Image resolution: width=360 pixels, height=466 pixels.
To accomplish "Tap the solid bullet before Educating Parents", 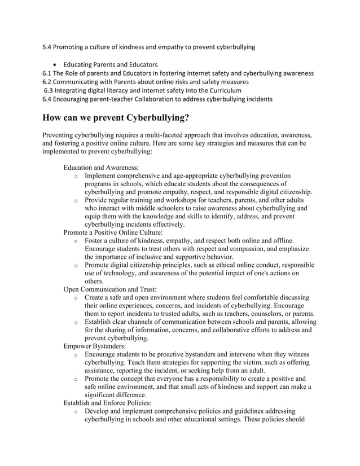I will point(56,64).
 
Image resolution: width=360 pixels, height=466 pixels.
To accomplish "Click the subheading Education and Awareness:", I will point(101,168).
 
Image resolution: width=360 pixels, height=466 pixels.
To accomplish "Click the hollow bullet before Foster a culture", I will point(76,241).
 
